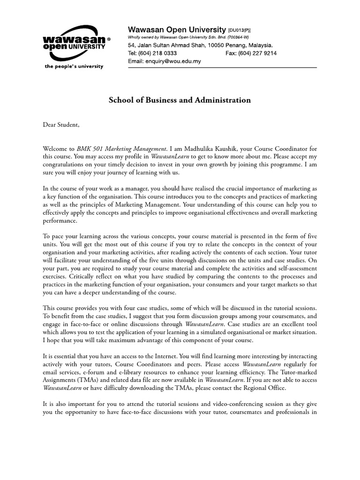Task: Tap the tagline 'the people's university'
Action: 74,67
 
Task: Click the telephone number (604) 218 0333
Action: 157,53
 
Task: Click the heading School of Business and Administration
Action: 180,100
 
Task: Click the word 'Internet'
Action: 173,357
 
